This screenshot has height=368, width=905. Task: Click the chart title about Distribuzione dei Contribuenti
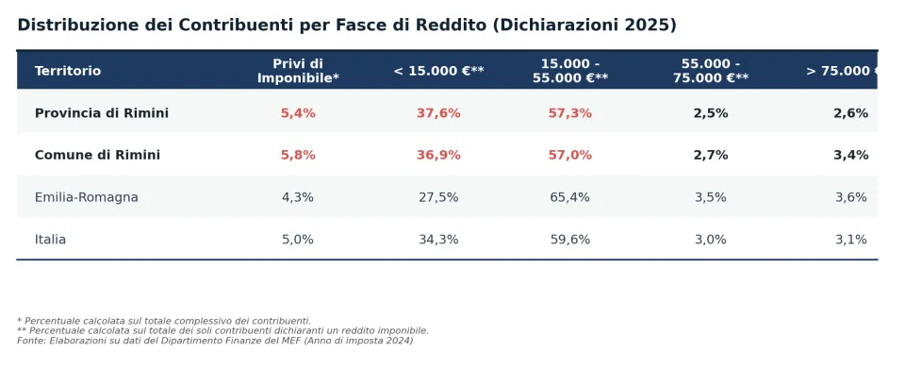347,25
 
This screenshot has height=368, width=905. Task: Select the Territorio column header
68,71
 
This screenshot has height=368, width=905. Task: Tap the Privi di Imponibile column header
298,71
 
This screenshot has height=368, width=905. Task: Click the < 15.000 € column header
438,71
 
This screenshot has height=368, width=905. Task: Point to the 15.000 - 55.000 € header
570,71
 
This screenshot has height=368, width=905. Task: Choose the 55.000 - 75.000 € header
711,71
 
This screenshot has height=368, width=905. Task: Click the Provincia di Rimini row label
102,113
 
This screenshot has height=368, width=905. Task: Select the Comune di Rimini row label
97,156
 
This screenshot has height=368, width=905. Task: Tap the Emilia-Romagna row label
87,197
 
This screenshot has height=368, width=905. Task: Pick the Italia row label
50,239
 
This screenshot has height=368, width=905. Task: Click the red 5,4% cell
298,113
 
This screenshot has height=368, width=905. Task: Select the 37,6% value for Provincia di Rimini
438,113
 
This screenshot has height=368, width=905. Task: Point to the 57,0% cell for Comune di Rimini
570,156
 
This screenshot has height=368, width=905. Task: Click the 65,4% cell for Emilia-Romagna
570,197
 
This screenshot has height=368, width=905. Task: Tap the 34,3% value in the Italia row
438,239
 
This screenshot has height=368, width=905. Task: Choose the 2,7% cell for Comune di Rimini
711,156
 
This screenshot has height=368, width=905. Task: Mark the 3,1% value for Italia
850,239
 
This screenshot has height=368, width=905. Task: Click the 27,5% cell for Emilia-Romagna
438,197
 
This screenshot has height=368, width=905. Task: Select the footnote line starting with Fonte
215,341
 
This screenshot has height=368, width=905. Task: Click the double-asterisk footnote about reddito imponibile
222,331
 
